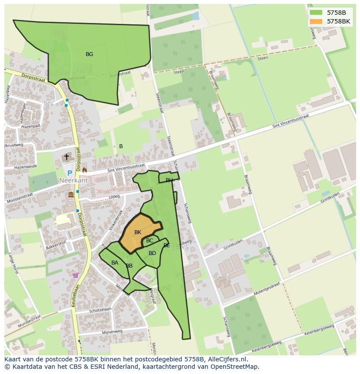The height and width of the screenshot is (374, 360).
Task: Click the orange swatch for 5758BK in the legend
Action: coord(316,21)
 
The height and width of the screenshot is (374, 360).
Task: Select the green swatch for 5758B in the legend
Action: coord(316,12)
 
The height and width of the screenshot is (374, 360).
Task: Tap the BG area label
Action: coord(89,54)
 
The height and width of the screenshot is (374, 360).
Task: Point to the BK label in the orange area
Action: coord(138,232)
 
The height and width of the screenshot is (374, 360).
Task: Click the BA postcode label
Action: coord(115,263)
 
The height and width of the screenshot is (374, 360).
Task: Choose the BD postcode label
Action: coord(152,253)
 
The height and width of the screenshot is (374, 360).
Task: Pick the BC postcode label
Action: coord(150,241)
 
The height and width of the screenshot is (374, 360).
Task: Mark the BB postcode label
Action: coord(129,266)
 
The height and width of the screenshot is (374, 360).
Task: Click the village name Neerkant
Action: coord(74,180)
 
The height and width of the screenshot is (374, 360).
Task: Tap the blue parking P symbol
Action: coord(70,173)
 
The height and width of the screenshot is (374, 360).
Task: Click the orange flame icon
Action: coord(84,170)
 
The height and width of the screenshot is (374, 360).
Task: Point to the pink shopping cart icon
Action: coord(76,275)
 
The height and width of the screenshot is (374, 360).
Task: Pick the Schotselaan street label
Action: coord(100,310)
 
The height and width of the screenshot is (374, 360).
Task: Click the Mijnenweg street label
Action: coord(112,331)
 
